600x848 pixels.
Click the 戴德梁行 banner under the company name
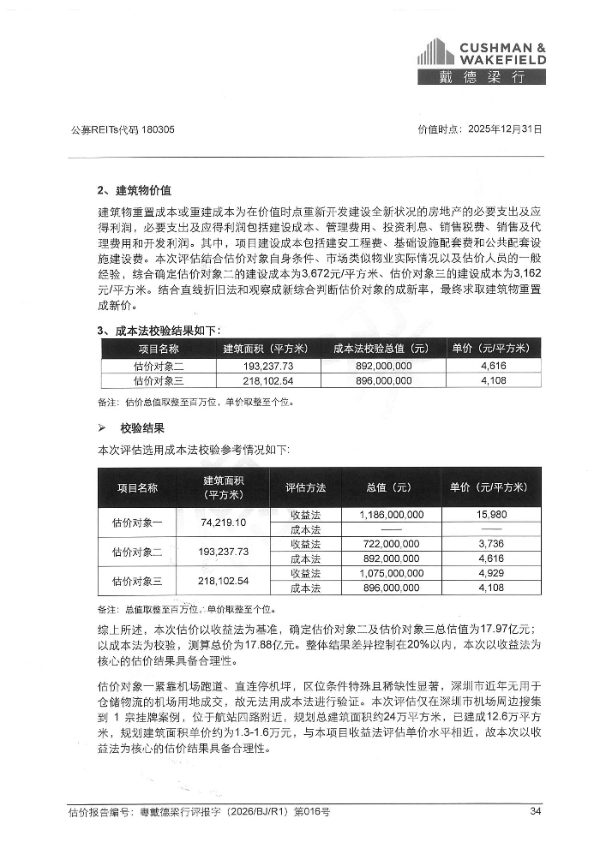[481, 77]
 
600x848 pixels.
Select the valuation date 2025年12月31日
[502, 130]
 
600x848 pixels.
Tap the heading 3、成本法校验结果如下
[159, 330]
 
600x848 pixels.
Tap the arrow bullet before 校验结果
[102, 427]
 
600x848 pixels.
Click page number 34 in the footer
[535, 811]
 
